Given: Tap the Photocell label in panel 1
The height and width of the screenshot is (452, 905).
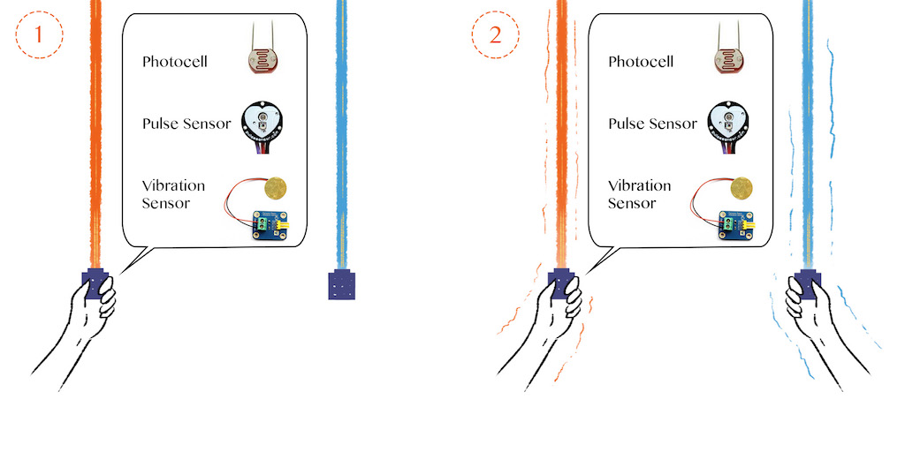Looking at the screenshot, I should click(x=175, y=62).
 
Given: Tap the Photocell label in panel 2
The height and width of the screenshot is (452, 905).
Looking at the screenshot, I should click(x=641, y=62).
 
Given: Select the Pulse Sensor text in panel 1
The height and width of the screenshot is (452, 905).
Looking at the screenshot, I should click(x=186, y=123).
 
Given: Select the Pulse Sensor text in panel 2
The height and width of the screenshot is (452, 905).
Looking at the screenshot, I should click(x=653, y=123).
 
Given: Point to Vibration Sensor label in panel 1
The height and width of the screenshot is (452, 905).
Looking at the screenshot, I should click(x=173, y=194).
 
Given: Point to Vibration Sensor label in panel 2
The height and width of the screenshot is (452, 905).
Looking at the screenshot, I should click(x=640, y=194).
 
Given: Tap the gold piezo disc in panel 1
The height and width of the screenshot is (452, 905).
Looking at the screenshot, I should click(x=278, y=187).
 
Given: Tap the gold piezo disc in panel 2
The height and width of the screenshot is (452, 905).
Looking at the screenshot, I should click(x=743, y=187).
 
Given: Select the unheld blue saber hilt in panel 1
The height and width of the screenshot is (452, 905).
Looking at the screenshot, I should click(x=341, y=285).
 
